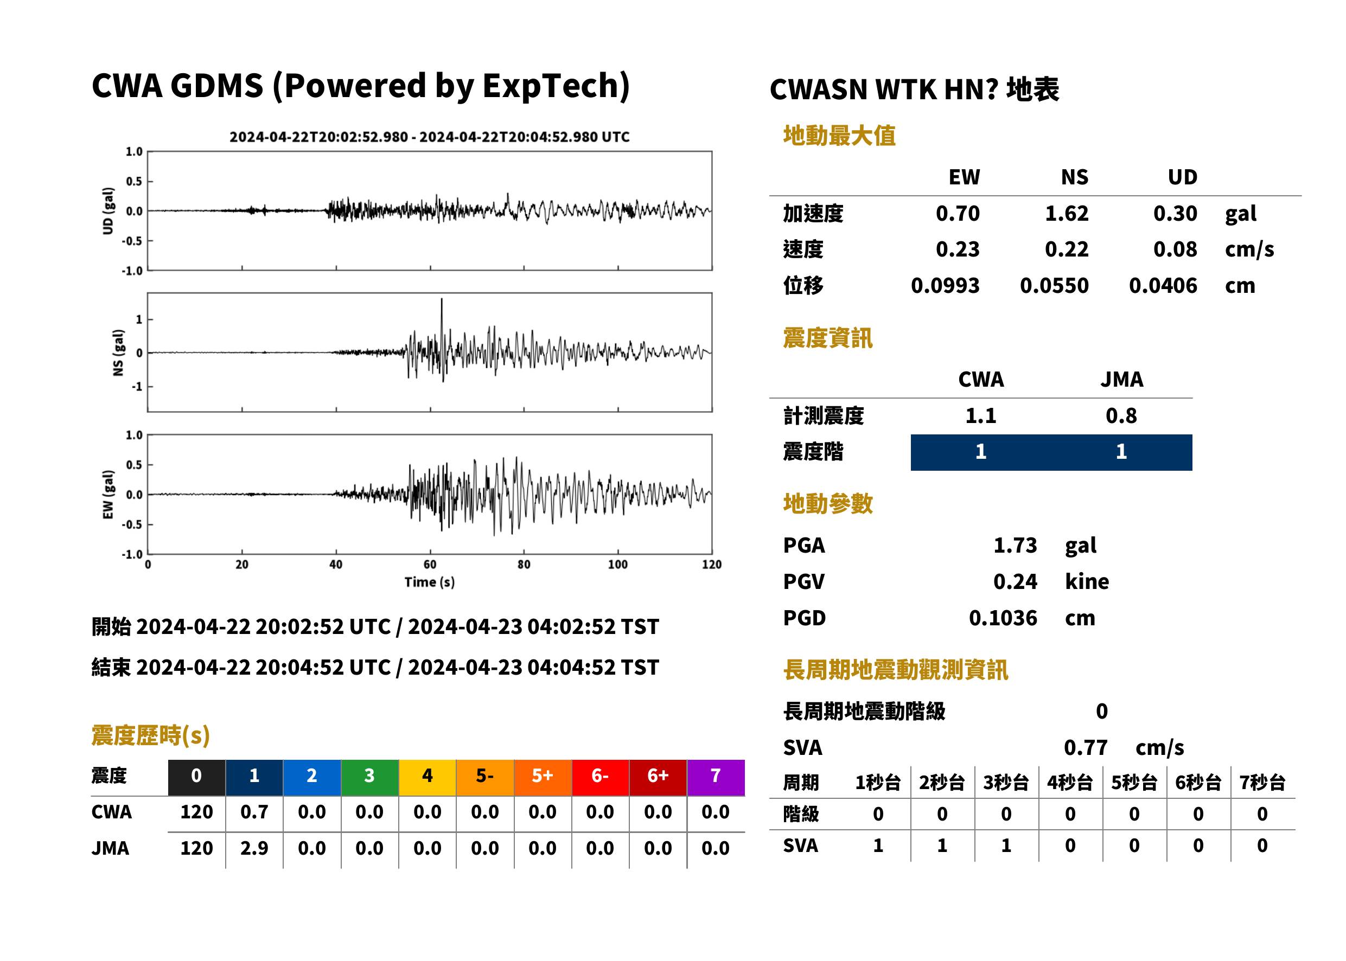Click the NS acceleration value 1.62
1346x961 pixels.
click(1066, 214)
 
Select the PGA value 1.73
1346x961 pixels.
click(1015, 545)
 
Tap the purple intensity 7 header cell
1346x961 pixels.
click(716, 777)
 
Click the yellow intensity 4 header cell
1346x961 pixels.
click(428, 777)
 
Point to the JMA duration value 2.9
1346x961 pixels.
click(254, 849)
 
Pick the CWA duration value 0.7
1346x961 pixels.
click(254, 812)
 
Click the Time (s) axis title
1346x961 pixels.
click(430, 582)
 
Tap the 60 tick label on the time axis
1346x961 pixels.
click(430, 565)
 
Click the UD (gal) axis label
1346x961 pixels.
click(108, 212)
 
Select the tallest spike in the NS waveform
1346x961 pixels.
click(442, 300)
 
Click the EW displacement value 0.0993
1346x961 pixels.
click(945, 286)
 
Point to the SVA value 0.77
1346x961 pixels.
click(1085, 747)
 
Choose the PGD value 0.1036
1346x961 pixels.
click(1003, 618)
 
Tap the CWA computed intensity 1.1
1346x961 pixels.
click(981, 416)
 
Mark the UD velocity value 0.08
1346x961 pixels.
click(1175, 249)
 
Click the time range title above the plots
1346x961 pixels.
click(430, 137)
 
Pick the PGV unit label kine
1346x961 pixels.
click(1087, 582)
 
